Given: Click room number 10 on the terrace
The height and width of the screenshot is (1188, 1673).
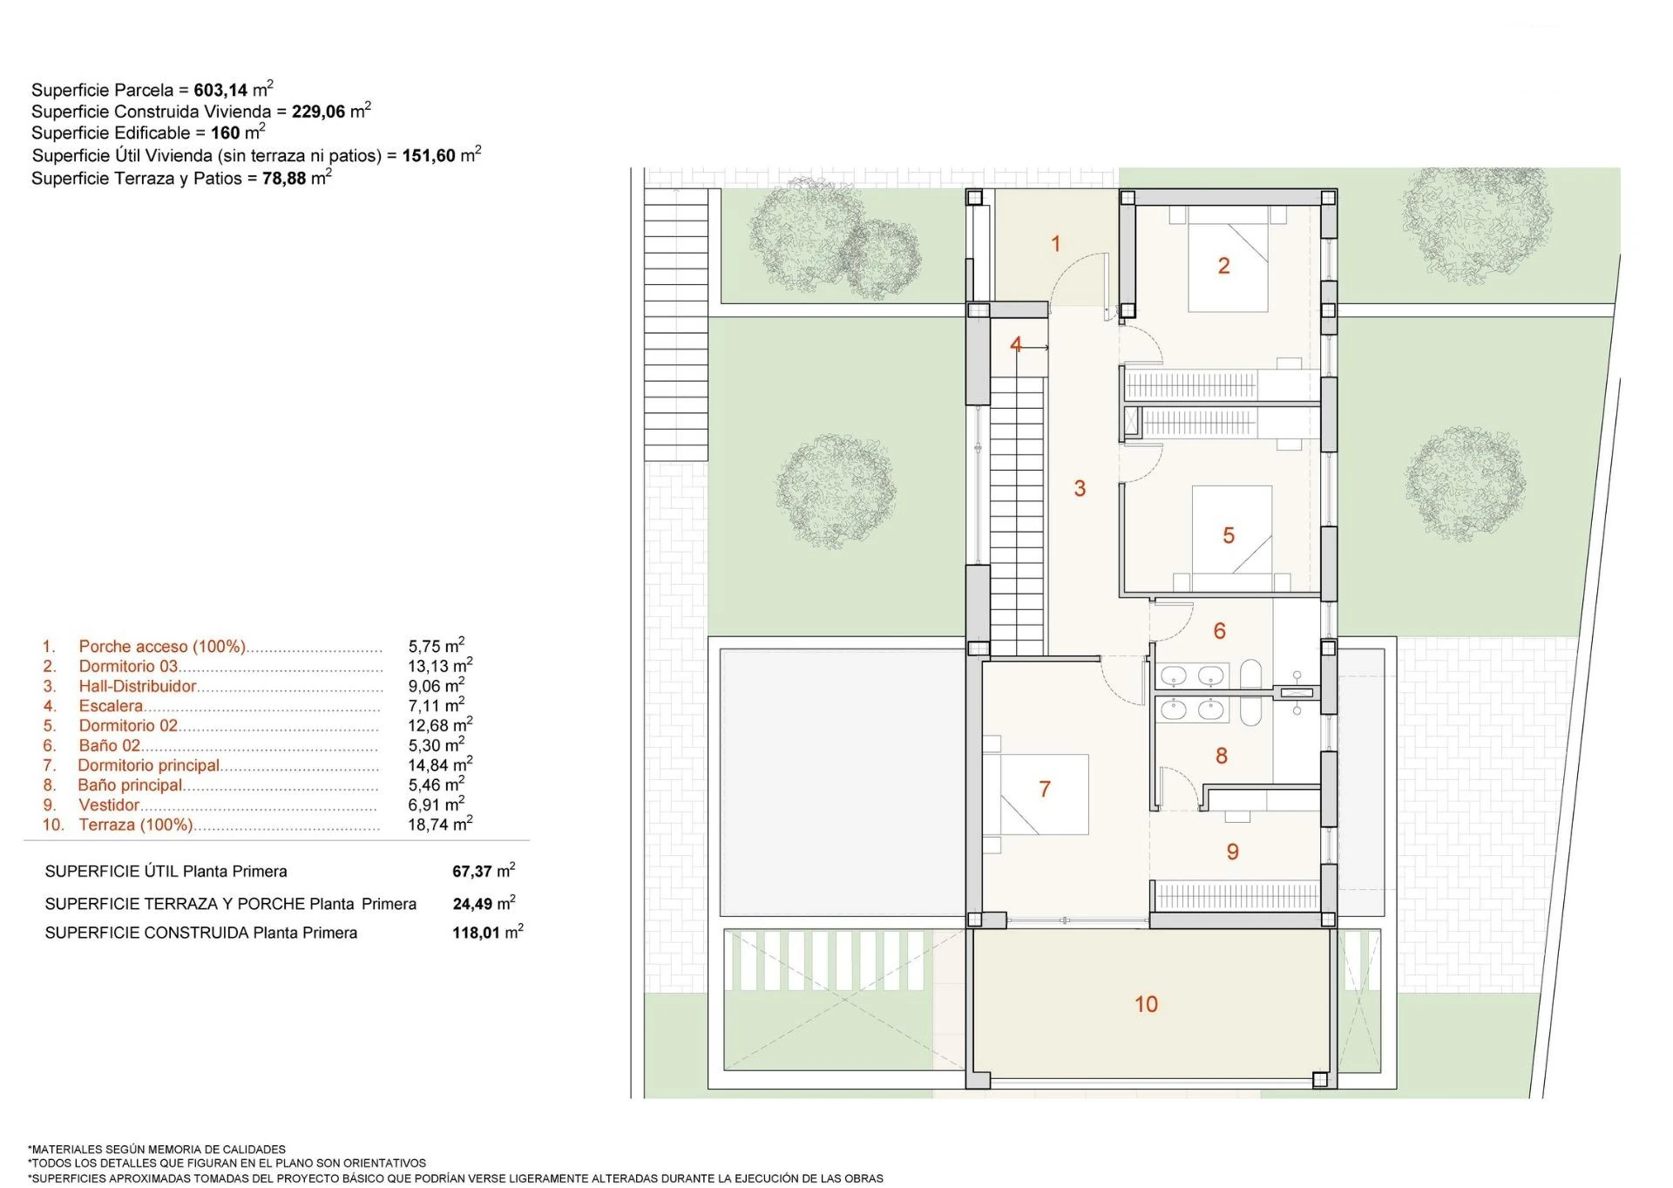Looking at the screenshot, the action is tap(1146, 1004).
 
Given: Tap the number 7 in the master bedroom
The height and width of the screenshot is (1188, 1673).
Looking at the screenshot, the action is tap(1045, 789).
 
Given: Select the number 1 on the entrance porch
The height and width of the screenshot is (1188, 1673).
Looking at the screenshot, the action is tap(1056, 244).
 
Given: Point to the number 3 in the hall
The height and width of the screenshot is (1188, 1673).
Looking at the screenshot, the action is tap(1080, 488).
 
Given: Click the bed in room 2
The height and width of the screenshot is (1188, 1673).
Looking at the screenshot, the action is tap(1229, 259).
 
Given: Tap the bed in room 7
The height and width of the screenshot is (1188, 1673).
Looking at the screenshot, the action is tap(1036, 793).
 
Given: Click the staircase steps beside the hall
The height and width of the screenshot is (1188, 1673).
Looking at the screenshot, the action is tap(1017, 516).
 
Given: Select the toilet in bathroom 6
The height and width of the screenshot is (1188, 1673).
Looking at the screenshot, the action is tap(1251, 675).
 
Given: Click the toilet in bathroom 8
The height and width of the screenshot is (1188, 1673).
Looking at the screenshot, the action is tap(1251, 711).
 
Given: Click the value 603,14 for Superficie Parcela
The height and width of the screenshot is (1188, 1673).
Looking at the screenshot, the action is tap(220, 90).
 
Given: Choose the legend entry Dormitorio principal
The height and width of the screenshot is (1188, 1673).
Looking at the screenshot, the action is tap(148, 765).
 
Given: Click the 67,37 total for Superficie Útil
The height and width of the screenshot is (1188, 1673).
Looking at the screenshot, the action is tap(472, 872).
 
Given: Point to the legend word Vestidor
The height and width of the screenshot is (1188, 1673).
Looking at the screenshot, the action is tap(109, 805).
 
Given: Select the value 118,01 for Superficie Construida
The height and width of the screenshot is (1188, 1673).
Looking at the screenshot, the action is tap(476, 933).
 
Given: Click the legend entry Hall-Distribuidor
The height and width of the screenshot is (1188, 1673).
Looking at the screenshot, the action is tap(138, 686).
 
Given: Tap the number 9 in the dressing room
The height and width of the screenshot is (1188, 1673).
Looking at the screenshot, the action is tap(1232, 852).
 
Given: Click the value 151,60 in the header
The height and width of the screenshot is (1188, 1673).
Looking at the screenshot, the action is tap(429, 155).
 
